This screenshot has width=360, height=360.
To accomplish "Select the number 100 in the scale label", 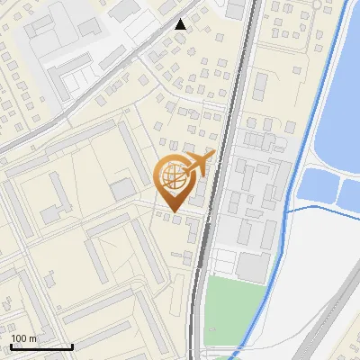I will (21, 338).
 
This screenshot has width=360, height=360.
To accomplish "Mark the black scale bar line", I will (41, 346).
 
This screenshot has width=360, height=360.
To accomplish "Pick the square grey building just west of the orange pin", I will (122, 189).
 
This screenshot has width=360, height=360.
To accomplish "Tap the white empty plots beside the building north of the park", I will (224, 263).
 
